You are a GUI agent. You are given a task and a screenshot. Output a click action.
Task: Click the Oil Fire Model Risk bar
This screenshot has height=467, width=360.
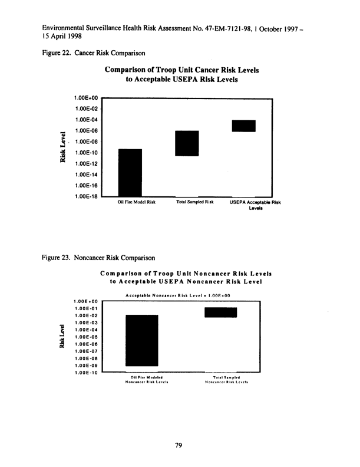coord(130,172)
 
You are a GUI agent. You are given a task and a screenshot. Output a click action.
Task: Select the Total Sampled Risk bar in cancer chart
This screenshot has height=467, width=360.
coord(187,143)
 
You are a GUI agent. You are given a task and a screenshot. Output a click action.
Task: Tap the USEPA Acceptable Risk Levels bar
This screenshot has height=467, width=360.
coord(243,126)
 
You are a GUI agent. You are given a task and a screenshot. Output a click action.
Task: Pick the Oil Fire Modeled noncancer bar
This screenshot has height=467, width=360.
coord(142,340)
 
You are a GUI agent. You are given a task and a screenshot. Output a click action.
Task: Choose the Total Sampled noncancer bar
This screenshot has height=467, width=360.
coord(220,313)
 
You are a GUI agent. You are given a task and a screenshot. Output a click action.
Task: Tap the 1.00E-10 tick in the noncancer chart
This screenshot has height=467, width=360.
coord(87,373)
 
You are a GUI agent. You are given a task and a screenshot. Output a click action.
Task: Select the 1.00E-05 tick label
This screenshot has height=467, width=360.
coord(87,337)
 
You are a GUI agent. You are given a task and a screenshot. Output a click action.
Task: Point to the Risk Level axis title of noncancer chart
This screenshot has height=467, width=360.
coord(61,336)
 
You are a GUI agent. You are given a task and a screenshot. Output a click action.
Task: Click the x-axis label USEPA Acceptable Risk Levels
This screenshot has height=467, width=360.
coord(255,205)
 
